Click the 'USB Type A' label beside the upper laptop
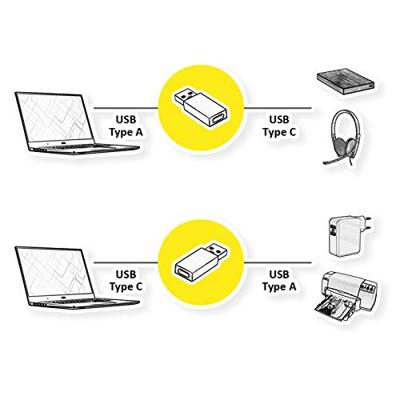pyautogui.click(x=126, y=126)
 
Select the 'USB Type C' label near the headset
pyautogui.click(x=279, y=126)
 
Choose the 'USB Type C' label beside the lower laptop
pyautogui.click(x=126, y=281)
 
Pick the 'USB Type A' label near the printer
pyautogui.click(x=279, y=281)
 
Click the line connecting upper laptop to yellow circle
pyautogui.click(x=126, y=108)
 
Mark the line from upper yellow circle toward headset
pyautogui.click(x=278, y=108)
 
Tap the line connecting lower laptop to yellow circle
pyautogui.click(x=126, y=263)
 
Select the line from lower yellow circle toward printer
pyautogui.click(x=278, y=263)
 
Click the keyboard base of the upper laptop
pyautogui.click(x=83, y=148)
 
